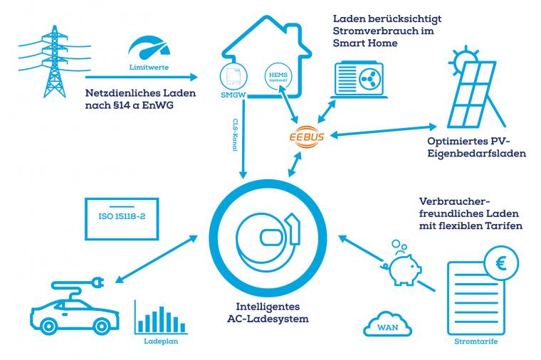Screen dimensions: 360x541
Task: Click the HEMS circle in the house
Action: pos(275,77)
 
